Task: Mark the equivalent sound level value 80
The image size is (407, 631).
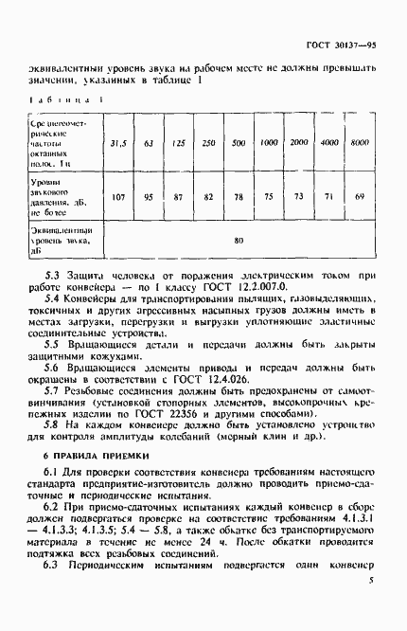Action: (x=239, y=241)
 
